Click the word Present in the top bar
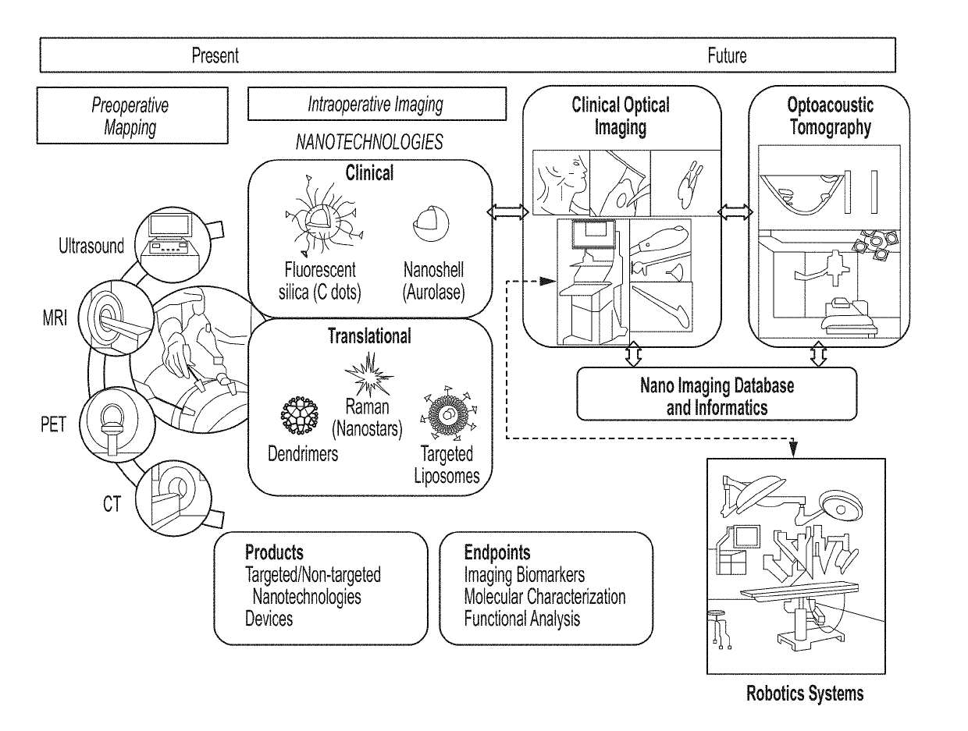(x=215, y=55)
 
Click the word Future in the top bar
(x=727, y=55)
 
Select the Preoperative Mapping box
(x=132, y=115)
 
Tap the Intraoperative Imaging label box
(x=376, y=104)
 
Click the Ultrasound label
(x=91, y=246)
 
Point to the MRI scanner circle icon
(x=116, y=318)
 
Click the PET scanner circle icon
(x=117, y=424)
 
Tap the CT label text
(x=112, y=504)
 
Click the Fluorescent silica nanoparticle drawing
(x=324, y=215)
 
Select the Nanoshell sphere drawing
(x=431, y=223)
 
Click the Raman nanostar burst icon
(x=368, y=374)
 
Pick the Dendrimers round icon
(x=300, y=415)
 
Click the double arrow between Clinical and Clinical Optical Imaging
(x=507, y=212)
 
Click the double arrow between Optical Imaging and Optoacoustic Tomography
(x=735, y=212)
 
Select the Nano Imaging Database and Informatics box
(x=717, y=394)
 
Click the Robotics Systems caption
(x=804, y=693)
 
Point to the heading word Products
(x=274, y=552)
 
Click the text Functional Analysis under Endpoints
(x=521, y=619)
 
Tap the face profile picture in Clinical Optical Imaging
(x=561, y=183)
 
